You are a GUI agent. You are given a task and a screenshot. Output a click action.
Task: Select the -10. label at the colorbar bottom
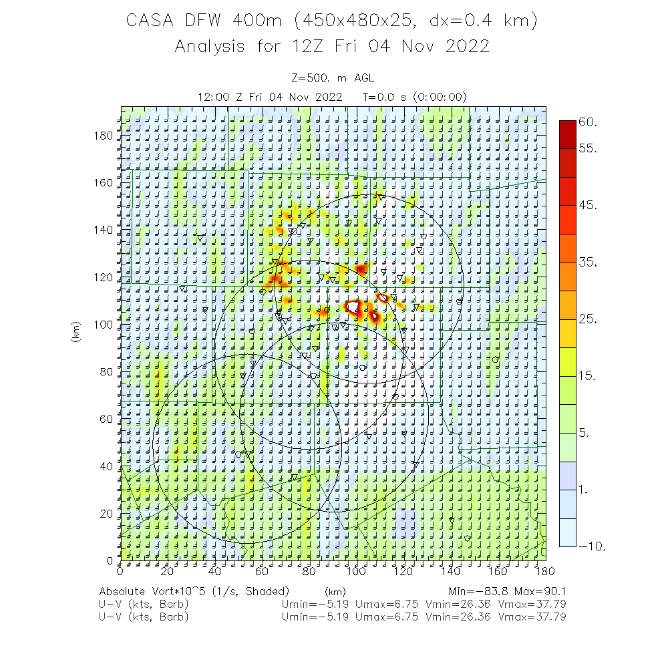point(592,546)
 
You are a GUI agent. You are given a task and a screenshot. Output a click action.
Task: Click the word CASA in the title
point(150,21)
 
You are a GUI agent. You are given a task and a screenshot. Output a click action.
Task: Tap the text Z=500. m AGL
point(333,78)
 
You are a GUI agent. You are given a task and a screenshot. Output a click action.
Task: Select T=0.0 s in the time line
point(385,97)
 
